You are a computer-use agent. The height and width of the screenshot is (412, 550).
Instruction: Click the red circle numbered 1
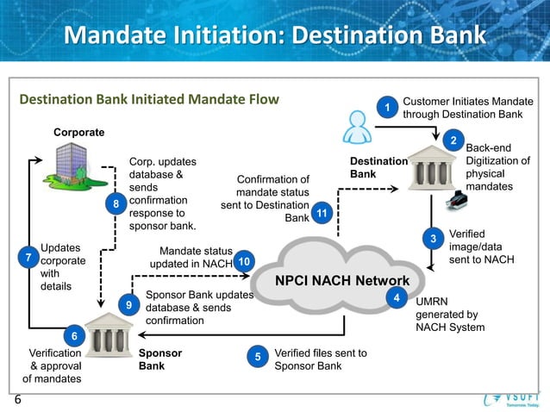[x=388, y=107]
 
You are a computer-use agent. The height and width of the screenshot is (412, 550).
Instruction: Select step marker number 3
[x=434, y=238]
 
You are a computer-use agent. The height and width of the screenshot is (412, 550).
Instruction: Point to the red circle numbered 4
[x=396, y=297]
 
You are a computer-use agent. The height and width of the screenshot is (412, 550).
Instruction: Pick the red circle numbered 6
[x=74, y=336]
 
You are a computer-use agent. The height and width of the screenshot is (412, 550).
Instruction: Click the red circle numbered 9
[x=128, y=305]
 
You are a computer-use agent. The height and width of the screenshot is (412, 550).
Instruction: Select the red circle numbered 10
[x=244, y=260]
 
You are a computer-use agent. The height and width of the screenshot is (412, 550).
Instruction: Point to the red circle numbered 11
[x=321, y=213]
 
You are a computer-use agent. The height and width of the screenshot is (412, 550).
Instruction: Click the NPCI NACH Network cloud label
[x=341, y=281]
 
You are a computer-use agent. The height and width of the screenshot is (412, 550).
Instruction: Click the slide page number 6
[x=17, y=400]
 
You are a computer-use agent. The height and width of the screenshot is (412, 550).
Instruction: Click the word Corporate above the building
[x=78, y=133]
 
